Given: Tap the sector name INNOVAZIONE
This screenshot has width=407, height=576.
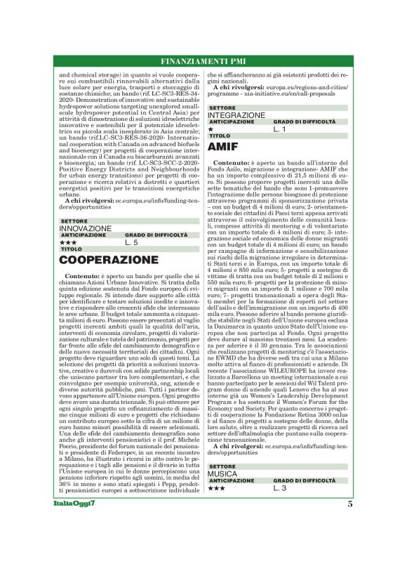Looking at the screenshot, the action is pyautogui.click(x=85, y=228).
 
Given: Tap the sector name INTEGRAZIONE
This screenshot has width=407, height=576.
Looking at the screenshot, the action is pyautogui.click(x=236, y=115).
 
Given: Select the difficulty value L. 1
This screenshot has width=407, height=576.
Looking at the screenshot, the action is pyautogui.click(x=280, y=129).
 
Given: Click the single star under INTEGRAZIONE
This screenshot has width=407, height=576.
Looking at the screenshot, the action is pyautogui.click(x=211, y=130).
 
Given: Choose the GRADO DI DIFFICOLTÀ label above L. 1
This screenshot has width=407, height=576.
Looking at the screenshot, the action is pyautogui.click(x=304, y=122).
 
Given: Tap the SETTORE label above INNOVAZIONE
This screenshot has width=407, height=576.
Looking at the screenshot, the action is pyautogui.click(x=74, y=221).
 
